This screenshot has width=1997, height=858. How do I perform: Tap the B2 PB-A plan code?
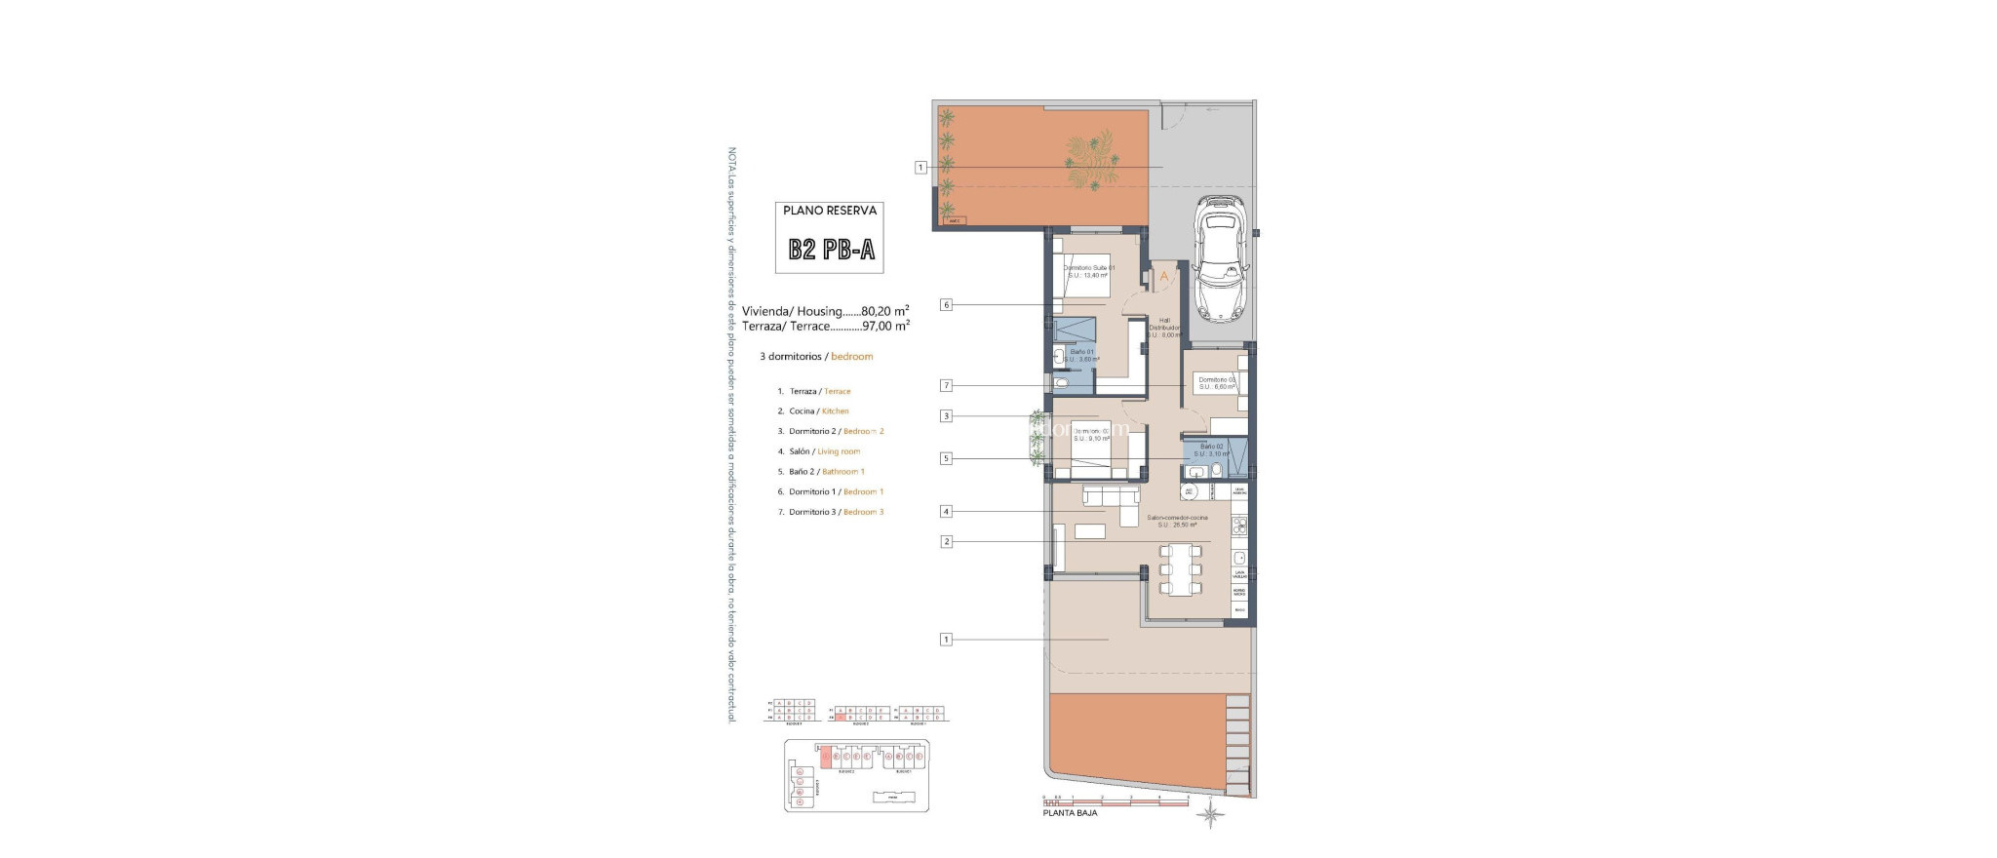click(x=832, y=250)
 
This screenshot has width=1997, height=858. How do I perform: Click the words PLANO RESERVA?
click(x=830, y=211)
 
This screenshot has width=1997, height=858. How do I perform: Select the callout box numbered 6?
click(x=946, y=305)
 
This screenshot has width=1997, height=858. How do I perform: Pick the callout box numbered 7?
click(x=946, y=385)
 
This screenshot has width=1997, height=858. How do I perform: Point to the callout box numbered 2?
click(x=946, y=541)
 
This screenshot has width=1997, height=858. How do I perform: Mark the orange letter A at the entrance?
click(x=1163, y=277)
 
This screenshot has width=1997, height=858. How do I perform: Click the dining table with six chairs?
click(x=1180, y=569)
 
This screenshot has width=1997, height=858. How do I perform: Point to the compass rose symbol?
click(x=1210, y=814)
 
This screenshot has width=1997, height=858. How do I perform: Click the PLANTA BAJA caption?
click(x=1070, y=813)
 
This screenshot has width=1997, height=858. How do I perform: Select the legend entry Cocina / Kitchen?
click(x=818, y=411)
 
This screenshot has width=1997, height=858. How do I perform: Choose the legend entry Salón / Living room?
click(x=824, y=451)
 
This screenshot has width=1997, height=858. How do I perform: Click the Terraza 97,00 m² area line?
click(x=825, y=327)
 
